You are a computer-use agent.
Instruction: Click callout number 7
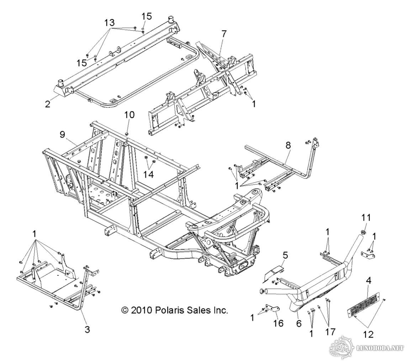tap(224, 34)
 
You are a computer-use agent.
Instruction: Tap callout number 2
tap(48, 105)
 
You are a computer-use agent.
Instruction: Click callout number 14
tap(149, 175)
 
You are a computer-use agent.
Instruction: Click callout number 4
tap(369, 280)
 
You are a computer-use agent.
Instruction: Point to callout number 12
tap(368, 334)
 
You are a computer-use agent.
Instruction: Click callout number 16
tap(278, 323)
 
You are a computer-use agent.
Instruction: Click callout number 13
tap(109, 22)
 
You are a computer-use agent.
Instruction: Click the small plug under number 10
tap(127, 133)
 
